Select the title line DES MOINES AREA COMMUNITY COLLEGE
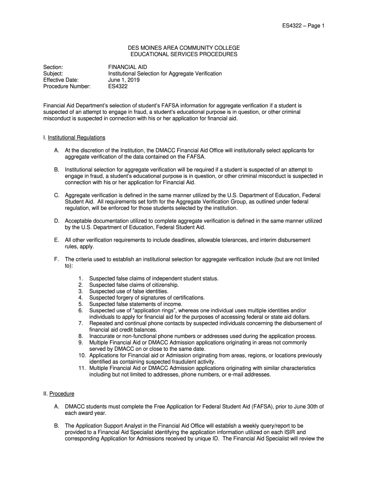click(x=184, y=48)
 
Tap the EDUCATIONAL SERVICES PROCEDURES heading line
click(x=184, y=55)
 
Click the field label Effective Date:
click(x=61, y=80)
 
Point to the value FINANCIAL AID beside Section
click(x=128, y=67)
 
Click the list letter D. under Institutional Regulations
click(x=56, y=221)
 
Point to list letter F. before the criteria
click(x=56, y=259)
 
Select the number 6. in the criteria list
click(x=81, y=310)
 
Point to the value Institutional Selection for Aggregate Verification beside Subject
click(x=165, y=74)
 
